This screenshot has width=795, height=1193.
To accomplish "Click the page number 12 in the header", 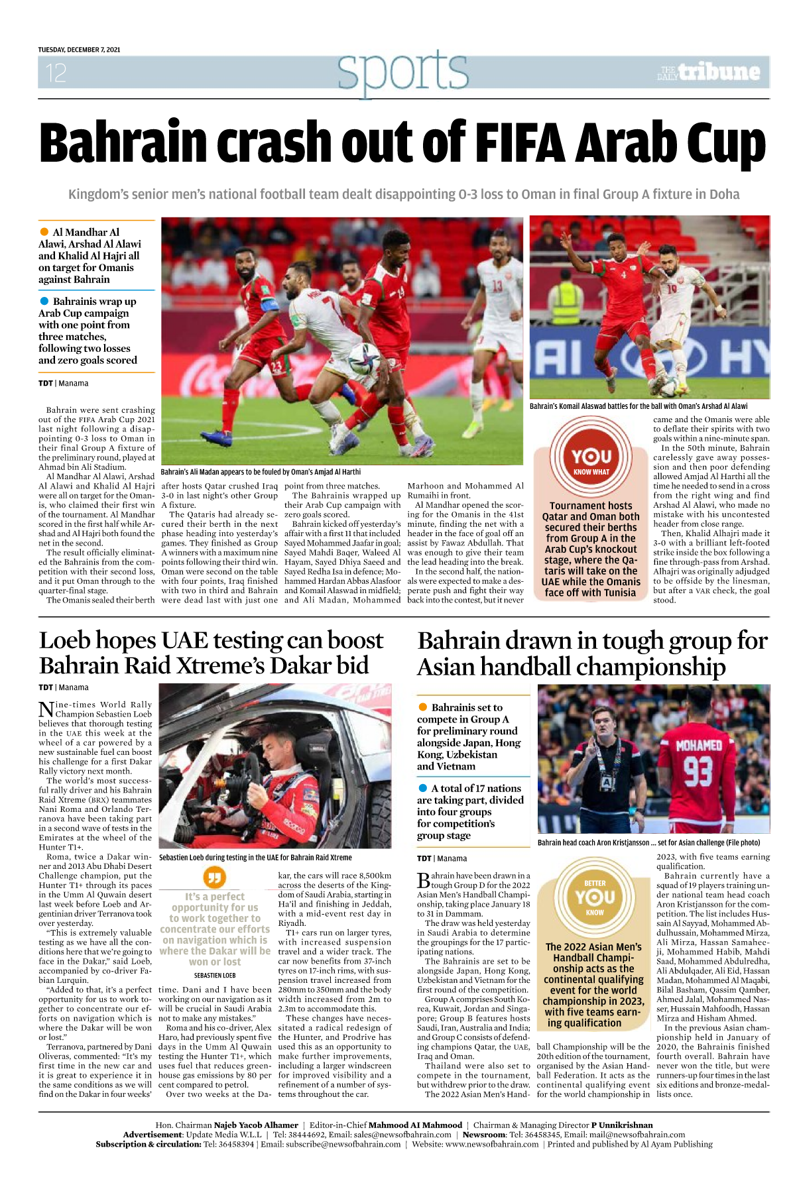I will click(56, 73).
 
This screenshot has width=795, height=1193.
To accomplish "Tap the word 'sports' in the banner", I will click(402, 72).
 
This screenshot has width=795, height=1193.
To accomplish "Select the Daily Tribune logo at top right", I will click(709, 72).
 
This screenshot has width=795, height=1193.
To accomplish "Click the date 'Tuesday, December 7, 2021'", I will click(79, 50).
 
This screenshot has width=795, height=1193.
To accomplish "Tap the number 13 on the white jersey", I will click(497, 286).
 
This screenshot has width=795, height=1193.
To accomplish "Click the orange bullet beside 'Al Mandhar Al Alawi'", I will click(44, 232).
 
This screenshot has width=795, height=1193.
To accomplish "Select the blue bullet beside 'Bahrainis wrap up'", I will click(44, 301).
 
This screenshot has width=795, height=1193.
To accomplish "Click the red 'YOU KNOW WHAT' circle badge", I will click(591, 458).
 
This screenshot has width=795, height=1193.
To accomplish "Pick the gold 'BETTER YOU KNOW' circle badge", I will click(594, 895).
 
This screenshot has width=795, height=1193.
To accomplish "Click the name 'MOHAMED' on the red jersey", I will click(698, 746).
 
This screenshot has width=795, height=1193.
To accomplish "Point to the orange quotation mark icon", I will click(214, 878).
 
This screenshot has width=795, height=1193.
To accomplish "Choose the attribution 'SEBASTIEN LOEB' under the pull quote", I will click(214, 975).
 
